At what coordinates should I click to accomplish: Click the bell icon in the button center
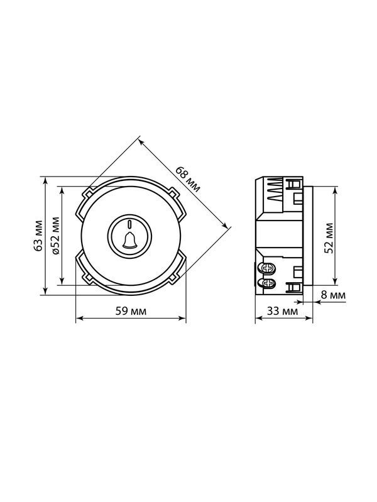(x=129, y=240)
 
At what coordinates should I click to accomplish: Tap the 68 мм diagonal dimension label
(x=188, y=179)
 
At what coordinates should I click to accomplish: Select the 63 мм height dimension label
(x=38, y=236)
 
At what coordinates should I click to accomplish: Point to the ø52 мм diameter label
(x=55, y=236)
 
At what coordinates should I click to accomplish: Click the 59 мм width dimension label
(x=131, y=311)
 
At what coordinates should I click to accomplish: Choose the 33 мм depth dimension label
(x=282, y=311)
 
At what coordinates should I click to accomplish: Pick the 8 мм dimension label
(x=334, y=295)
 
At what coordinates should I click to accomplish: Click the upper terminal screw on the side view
(x=268, y=268)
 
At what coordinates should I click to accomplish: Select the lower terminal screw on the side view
(x=268, y=283)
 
